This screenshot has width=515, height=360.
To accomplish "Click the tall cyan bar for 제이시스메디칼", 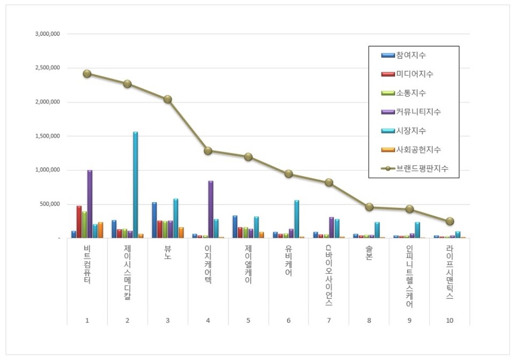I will point(135,185).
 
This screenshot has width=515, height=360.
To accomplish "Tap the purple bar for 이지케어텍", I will point(211,209).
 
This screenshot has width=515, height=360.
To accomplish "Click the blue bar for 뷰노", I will point(154,220).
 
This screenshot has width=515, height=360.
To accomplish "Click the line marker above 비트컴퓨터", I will point(87,74).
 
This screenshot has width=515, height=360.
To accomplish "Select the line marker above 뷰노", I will point(167,99).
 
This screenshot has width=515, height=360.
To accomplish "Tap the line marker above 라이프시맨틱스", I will point(450,221).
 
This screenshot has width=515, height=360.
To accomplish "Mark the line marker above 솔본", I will point(369,207).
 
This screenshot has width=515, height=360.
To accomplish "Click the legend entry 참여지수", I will point(411,55).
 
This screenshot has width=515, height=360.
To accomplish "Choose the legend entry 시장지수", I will point(411,130).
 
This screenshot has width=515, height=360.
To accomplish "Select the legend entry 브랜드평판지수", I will point(422,168).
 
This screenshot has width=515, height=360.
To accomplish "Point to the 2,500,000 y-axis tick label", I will point(47,68).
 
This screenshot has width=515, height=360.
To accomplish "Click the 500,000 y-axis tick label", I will point(50,204).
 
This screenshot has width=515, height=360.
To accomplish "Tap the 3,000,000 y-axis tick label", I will point(47,34).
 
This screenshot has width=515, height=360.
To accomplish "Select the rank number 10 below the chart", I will point(450,320).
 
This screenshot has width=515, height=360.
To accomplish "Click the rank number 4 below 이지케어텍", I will point(208,320).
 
